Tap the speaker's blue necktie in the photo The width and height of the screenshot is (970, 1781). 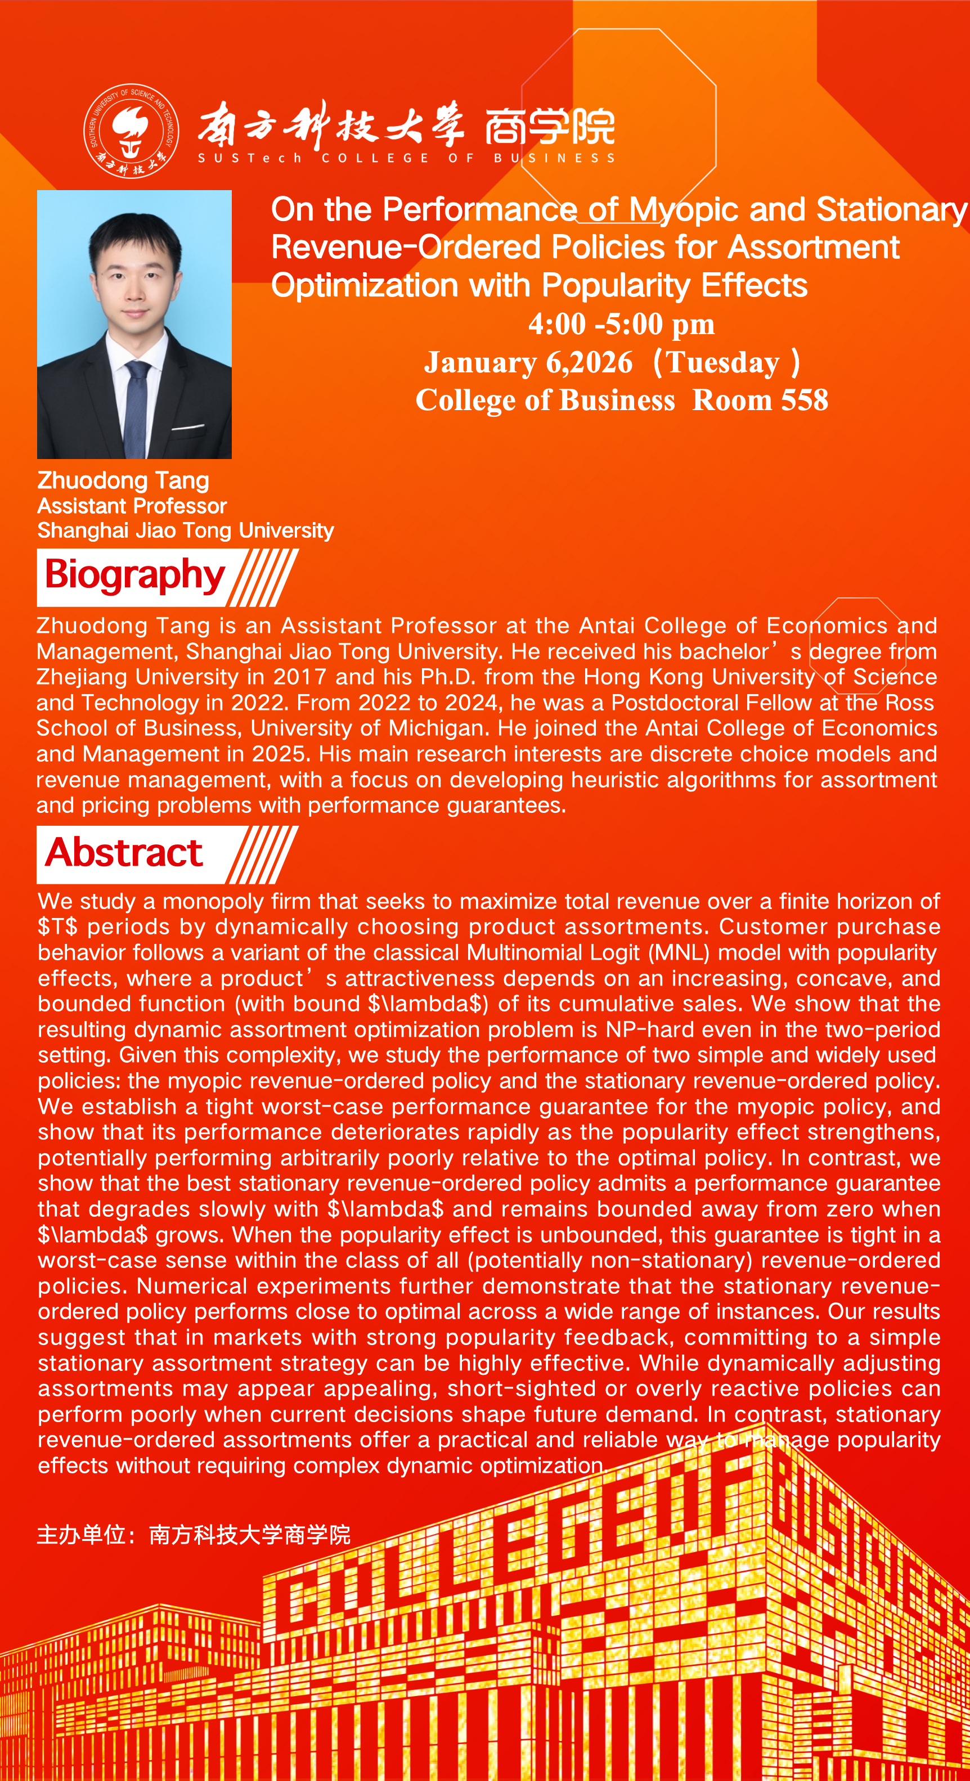(136, 408)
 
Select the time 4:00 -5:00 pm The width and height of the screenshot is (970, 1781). (621, 323)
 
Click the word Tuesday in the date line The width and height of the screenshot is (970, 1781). (722, 362)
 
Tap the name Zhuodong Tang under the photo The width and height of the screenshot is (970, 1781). (123, 480)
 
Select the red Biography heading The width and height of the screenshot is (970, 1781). (135, 575)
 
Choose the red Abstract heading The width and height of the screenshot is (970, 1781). (124, 852)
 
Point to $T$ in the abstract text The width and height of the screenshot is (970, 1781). (57, 927)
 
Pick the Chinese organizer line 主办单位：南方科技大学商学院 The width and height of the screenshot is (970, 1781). (194, 1535)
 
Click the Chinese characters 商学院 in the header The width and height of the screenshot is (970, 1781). (550, 127)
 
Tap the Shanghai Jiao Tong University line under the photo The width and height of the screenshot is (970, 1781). (185, 530)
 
